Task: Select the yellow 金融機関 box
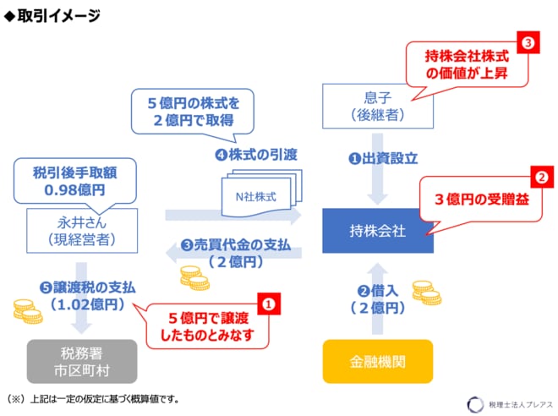coord(377,362)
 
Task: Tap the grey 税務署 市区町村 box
coord(81,362)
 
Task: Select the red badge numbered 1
coord(268,302)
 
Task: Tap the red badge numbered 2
coord(538,178)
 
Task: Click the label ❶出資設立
coord(377,157)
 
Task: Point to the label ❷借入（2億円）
coord(377,299)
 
